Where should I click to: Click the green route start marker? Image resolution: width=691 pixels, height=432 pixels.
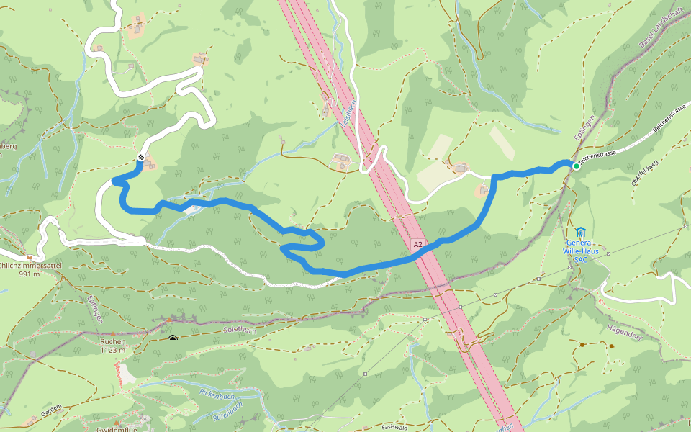coord(576,166)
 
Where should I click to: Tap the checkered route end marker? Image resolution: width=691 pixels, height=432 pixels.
coord(141,158)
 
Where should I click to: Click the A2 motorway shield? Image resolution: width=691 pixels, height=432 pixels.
coord(418,246)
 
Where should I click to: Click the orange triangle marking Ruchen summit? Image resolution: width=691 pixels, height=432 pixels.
coord(113,334)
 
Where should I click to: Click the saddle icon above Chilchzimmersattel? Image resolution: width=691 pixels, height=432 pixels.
coord(30,257)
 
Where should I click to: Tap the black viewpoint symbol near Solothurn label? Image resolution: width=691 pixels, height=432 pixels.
coord(173,338)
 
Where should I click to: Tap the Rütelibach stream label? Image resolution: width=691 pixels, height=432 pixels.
coord(230,415)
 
